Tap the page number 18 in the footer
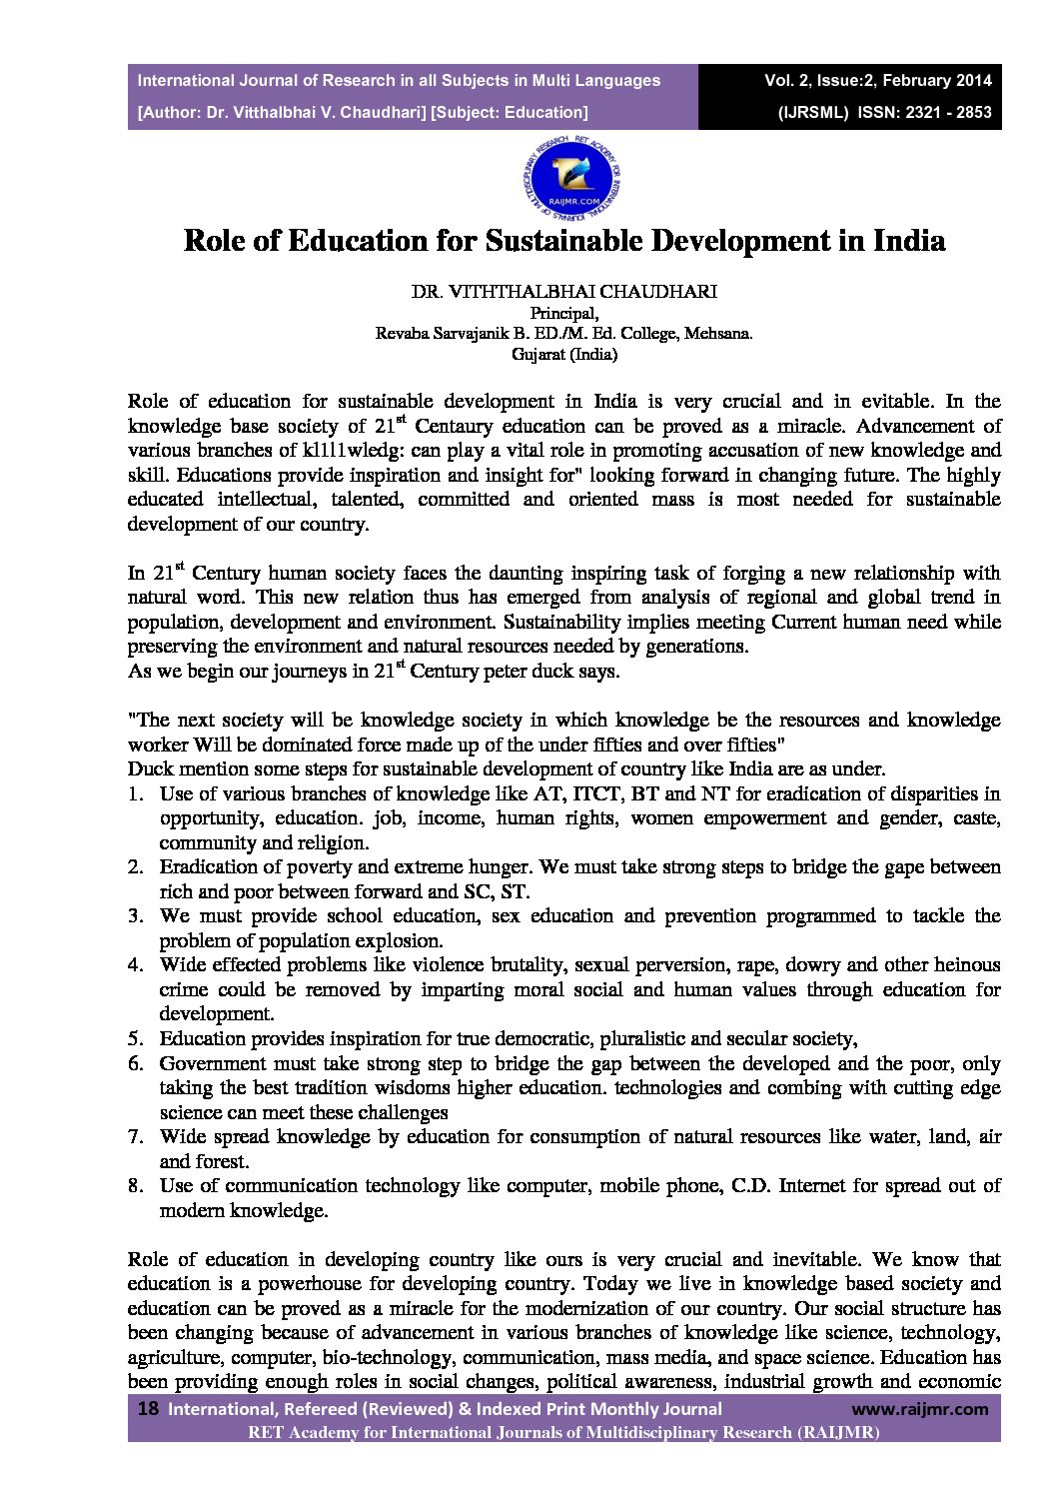(148, 1409)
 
